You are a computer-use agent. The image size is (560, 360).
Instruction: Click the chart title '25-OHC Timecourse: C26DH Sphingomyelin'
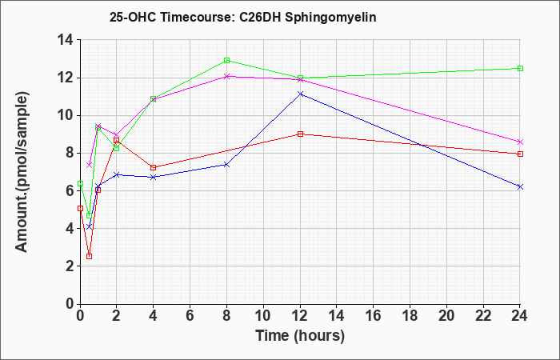[x=243, y=18]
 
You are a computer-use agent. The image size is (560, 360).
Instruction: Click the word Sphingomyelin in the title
[x=330, y=18]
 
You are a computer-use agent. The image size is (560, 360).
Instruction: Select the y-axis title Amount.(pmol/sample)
[x=22, y=172]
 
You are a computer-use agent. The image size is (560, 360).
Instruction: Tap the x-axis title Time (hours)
[x=300, y=336]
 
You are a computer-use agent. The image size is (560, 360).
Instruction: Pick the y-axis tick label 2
[x=70, y=266]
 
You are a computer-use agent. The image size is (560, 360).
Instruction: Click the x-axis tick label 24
[x=520, y=315]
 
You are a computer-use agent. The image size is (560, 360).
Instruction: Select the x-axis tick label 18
[x=410, y=315]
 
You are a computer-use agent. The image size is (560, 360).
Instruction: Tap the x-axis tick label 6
[x=190, y=315]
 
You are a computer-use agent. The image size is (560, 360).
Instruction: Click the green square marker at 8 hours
[x=226, y=60]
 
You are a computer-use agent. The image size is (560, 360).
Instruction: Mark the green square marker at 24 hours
[x=520, y=68]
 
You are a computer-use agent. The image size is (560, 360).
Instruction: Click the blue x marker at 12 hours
[x=300, y=94]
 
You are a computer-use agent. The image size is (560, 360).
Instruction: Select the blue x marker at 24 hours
[x=520, y=186]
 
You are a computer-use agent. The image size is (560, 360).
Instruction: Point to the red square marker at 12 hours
[x=300, y=134]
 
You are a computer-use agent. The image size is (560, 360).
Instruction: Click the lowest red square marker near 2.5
[x=90, y=257]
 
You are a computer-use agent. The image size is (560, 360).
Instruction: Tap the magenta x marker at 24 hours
[x=520, y=142]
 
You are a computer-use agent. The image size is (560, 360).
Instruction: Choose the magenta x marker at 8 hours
[x=226, y=76]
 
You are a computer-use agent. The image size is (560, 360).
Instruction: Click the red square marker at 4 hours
[x=154, y=167]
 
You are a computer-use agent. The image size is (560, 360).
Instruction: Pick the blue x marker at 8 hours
[x=226, y=165]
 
